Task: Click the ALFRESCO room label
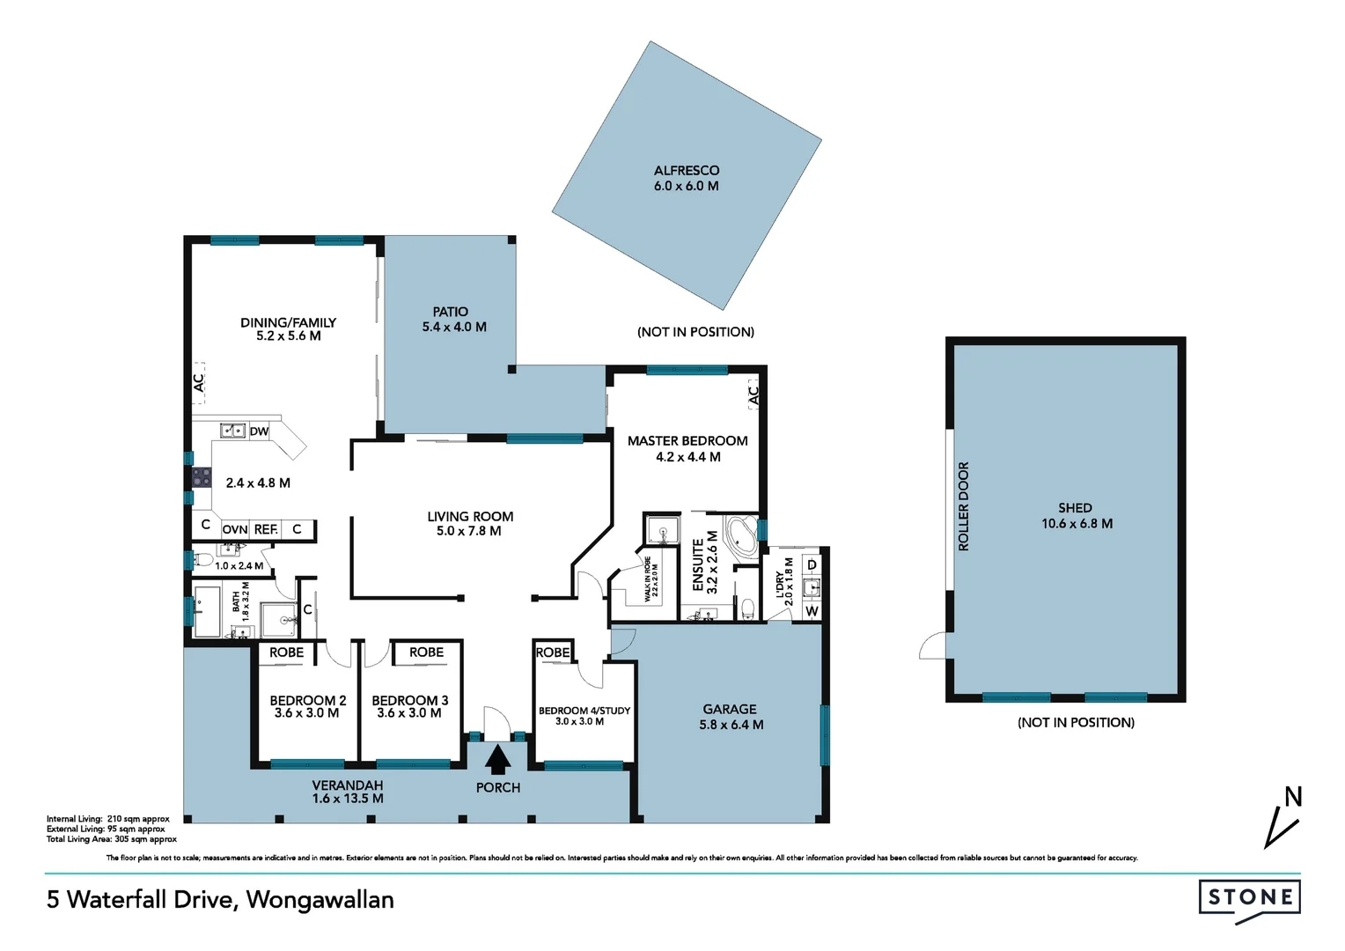[686, 171]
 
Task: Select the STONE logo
[1249, 899]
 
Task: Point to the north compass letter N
[1292, 798]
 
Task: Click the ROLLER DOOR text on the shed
[963, 506]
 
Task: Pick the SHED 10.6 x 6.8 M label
[1076, 516]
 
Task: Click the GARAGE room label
[729, 709]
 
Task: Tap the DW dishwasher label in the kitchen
[259, 431]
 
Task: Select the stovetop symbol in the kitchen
[202, 477]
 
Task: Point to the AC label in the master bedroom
[753, 395]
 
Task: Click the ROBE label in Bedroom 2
[286, 652]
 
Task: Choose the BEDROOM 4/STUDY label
[584, 711]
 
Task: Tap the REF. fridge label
[265, 529]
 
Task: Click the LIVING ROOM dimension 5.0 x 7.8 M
[469, 531]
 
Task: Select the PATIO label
[450, 312]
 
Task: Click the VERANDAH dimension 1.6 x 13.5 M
[348, 799]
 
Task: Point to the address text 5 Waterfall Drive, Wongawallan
[220, 900]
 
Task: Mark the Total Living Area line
[111, 839]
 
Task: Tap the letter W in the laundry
[812, 611]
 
